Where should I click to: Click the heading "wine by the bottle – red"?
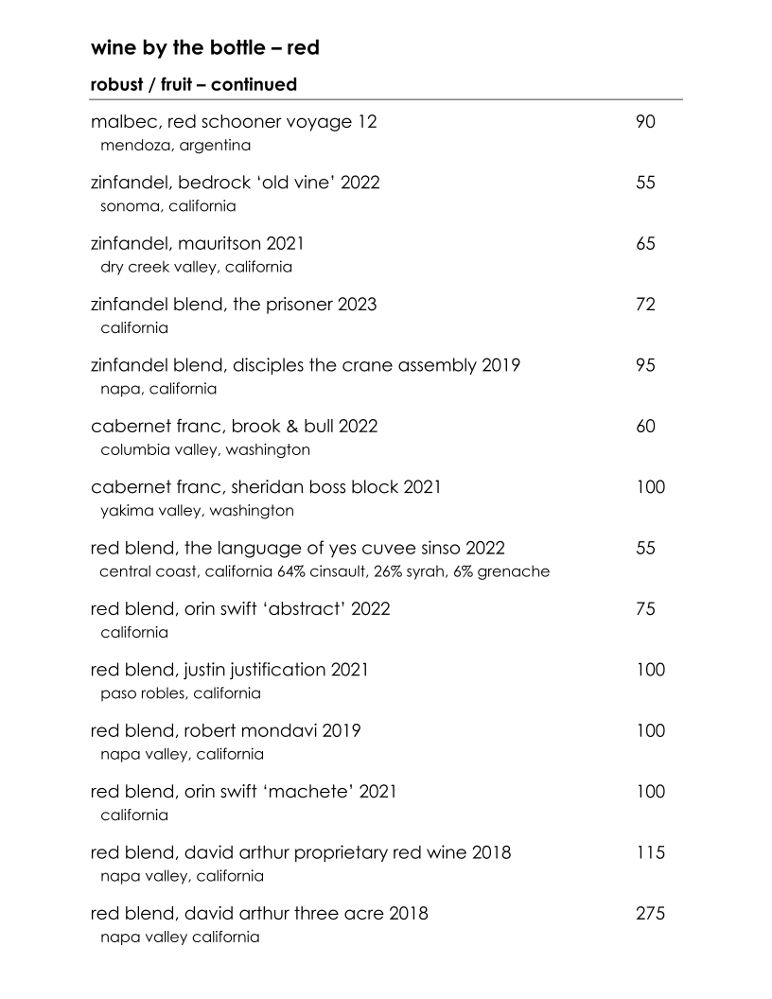coord(204,47)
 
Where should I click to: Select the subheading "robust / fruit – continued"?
coord(194,85)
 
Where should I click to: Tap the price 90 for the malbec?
coord(646,122)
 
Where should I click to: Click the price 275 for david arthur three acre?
coord(651,913)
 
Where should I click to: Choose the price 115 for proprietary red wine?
coord(651,852)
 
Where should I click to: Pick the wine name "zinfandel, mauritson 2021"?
coord(198,244)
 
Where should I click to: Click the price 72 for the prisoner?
coord(646,305)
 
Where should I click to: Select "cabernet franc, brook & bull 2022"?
coord(234,426)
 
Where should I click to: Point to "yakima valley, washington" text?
coord(197,511)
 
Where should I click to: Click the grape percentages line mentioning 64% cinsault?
coord(325,571)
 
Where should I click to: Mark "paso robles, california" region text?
coord(180,693)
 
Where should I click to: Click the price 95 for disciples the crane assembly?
coord(646,365)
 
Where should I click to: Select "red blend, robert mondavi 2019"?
coord(225,730)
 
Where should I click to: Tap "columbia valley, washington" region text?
coord(204,449)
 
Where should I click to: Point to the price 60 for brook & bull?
coord(646,426)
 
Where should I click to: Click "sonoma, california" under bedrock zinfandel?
coord(167,205)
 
